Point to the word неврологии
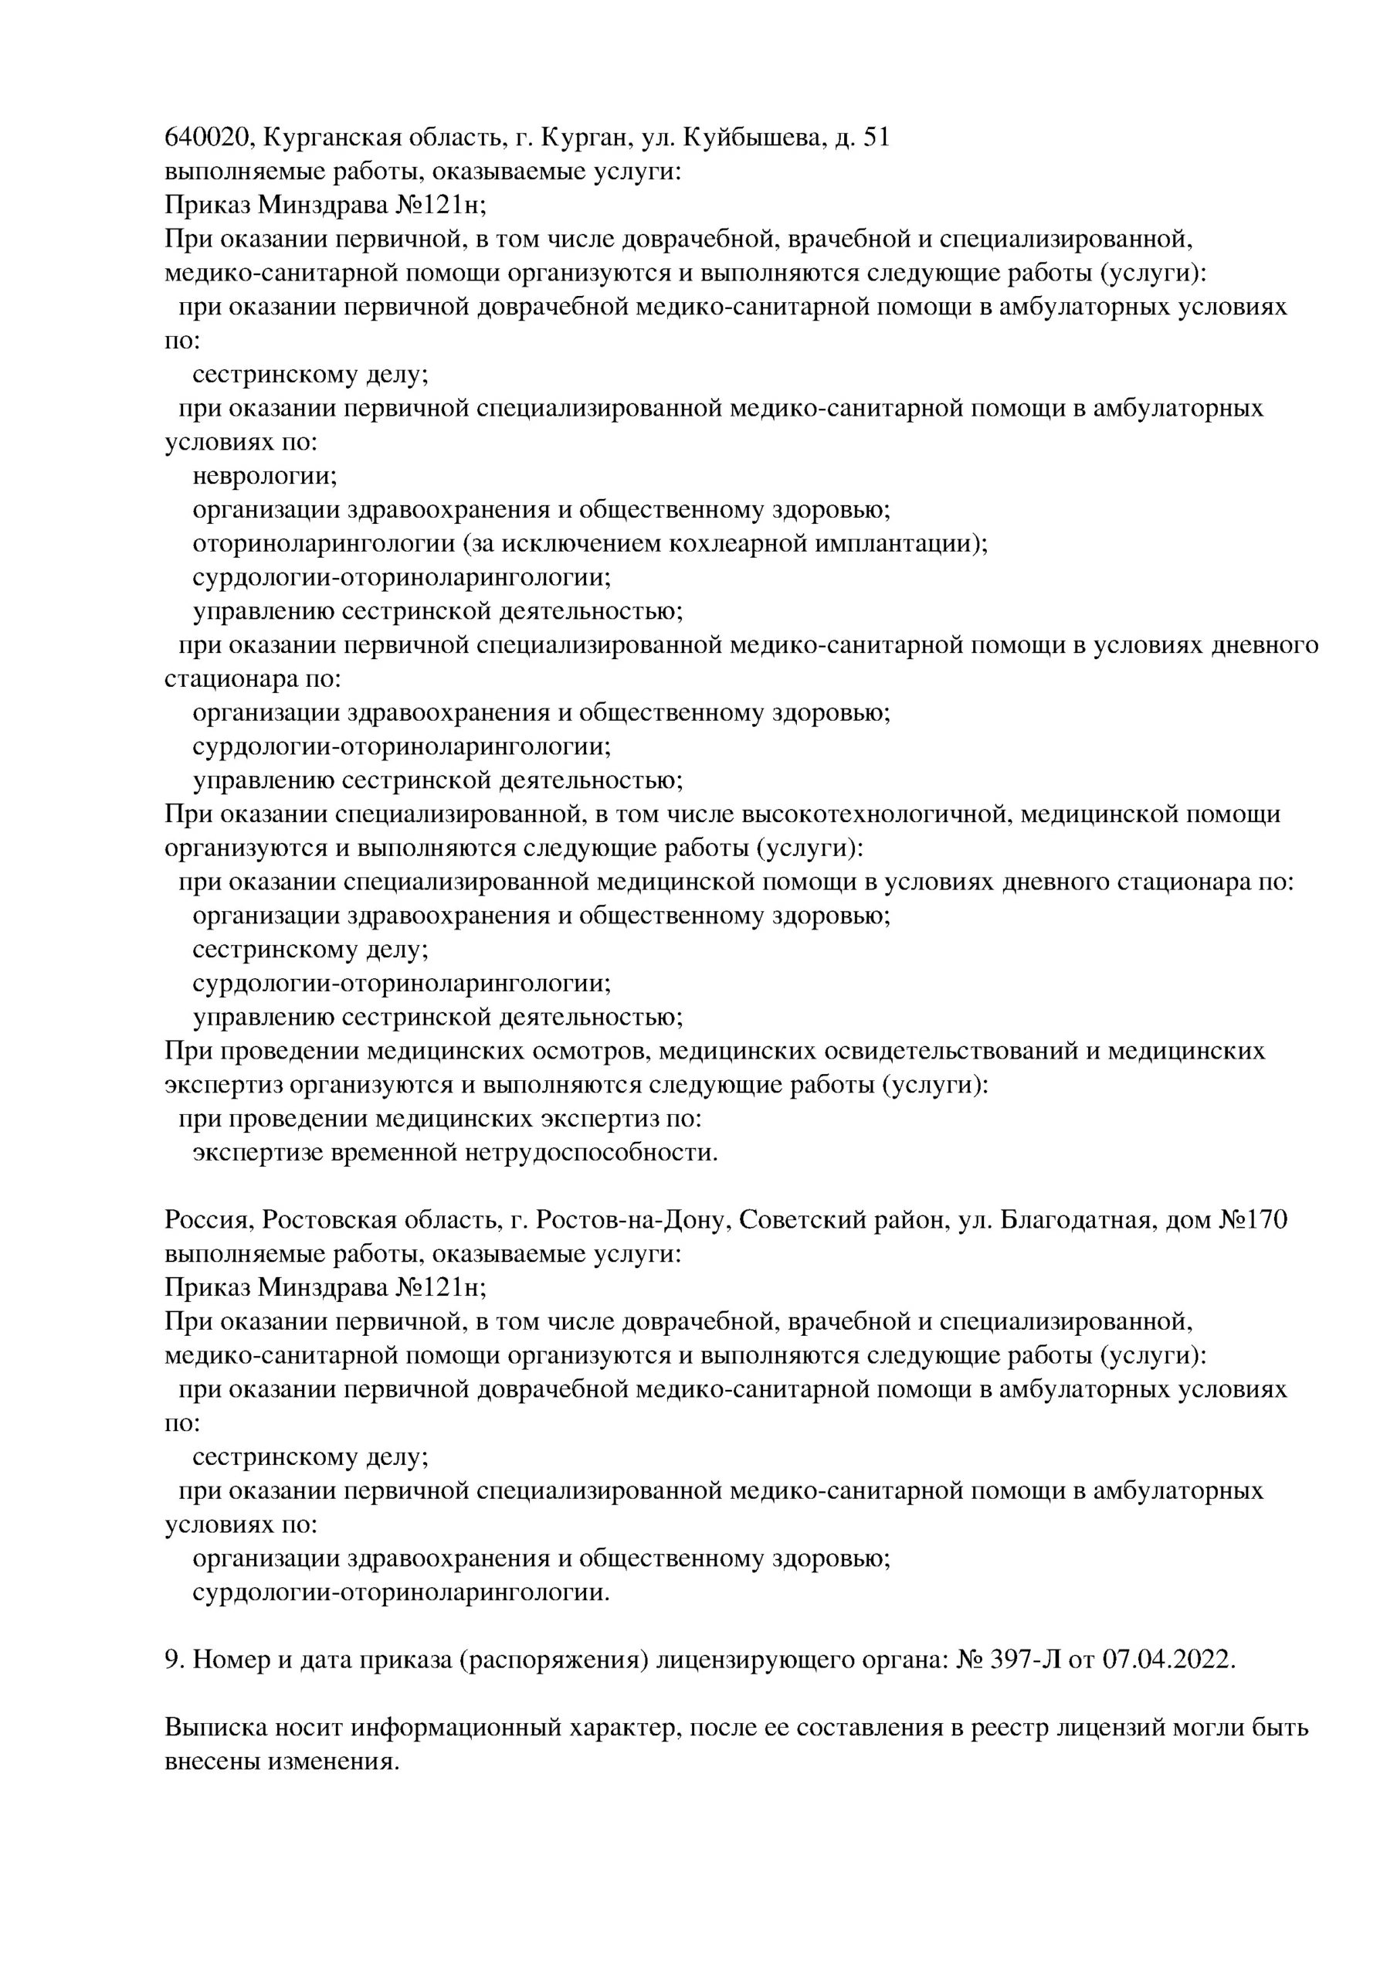coord(263,477)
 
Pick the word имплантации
coord(912,545)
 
